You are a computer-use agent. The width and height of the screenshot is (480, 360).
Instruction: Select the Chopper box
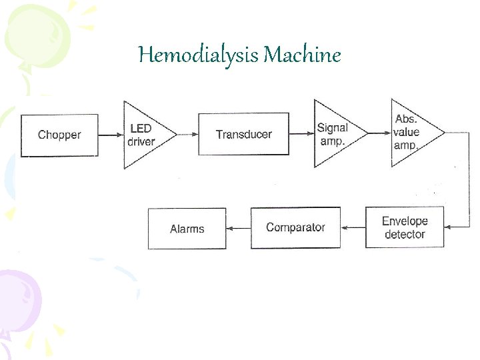(59, 135)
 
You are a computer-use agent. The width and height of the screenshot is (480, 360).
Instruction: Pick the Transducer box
(244, 135)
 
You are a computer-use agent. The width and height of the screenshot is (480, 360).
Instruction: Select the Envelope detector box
(405, 227)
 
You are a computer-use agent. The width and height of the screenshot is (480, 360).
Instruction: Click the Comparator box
(295, 227)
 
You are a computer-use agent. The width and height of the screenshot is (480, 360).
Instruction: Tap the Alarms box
(187, 229)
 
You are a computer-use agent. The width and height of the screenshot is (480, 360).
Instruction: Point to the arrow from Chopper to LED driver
(111, 135)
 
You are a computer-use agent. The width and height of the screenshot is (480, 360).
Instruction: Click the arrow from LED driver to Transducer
(187, 135)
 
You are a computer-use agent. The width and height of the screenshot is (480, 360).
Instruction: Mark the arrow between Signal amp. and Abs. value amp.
(379, 133)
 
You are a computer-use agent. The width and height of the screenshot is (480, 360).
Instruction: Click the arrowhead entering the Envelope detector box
(448, 227)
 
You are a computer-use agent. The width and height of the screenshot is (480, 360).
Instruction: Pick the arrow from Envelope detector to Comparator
(353, 227)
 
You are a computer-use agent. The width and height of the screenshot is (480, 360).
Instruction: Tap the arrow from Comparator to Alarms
(238, 228)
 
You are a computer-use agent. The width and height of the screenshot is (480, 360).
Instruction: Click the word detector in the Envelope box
(405, 235)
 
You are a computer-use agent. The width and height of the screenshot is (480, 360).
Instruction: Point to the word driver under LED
(141, 141)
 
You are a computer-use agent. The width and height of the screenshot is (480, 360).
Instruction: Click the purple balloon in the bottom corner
(17, 300)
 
